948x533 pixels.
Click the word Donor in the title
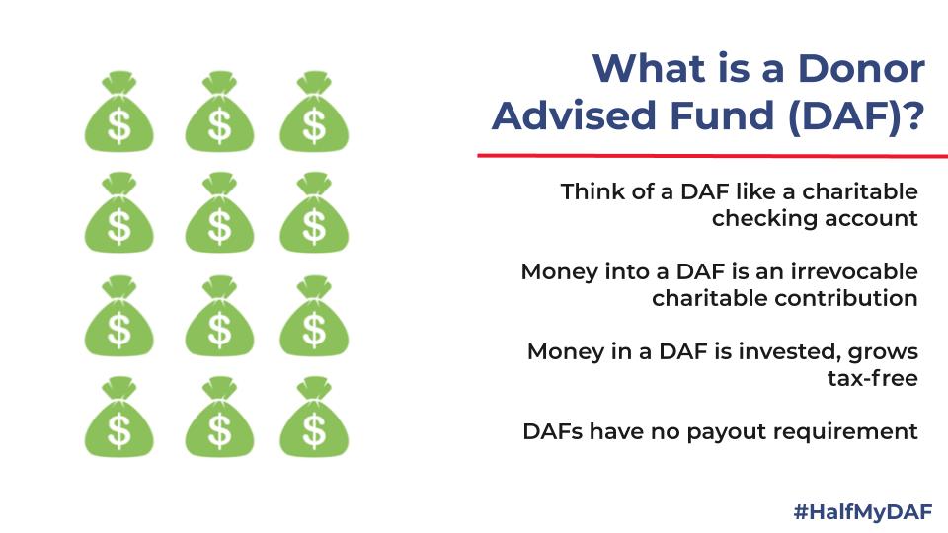(x=861, y=68)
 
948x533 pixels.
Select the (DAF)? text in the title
(x=857, y=116)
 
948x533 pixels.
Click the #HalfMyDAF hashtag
(x=863, y=512)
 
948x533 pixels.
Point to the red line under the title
(x=713, y=156)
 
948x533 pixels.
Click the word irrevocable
(x=853, y=271)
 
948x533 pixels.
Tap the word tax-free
(x=872, y=378)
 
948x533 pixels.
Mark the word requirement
(x=845, y=432)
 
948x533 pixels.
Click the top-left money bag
(x=119, y=112)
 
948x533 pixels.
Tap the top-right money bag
(x=314, y=112)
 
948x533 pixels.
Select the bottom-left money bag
(x=119, y=417)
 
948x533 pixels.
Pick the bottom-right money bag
(x=314, y=417)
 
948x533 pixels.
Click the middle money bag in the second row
(x=219, y=212)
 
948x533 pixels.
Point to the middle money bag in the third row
(x=219, y=316)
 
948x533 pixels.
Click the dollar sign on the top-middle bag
(x=219, y=125)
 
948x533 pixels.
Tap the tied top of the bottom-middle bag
(x=219, y=387)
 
